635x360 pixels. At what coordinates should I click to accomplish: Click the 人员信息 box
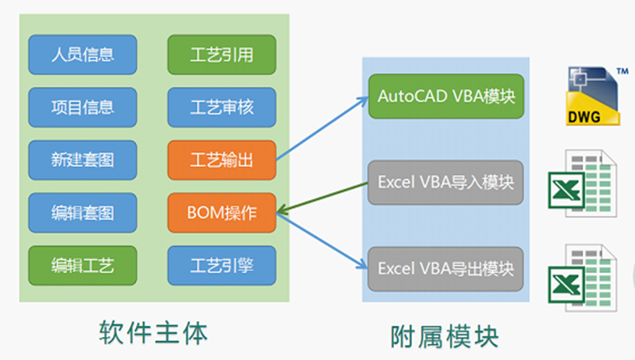tap(83, 54)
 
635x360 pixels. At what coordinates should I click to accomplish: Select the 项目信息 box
tap(83, 107)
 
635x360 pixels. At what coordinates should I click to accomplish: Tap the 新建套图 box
tap(83, 160)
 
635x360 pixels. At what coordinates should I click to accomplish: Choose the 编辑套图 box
tap(83, 212)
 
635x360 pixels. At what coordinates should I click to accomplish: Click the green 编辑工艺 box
tap(83, 265)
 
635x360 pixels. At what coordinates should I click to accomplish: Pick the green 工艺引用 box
tap(222, 54)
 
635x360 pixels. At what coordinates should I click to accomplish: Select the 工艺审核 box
tap(222, 107)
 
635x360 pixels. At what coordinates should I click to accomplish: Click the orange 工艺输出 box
tap(222, 160)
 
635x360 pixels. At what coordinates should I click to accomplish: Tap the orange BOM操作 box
tap(222, 212)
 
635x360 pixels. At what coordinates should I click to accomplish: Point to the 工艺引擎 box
tap(222, 265)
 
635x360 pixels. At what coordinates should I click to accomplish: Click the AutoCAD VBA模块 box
tap(446, 96)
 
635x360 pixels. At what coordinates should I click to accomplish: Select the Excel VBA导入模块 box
tap(446, 183)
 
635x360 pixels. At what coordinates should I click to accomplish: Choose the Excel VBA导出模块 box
tap(446, 269)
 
